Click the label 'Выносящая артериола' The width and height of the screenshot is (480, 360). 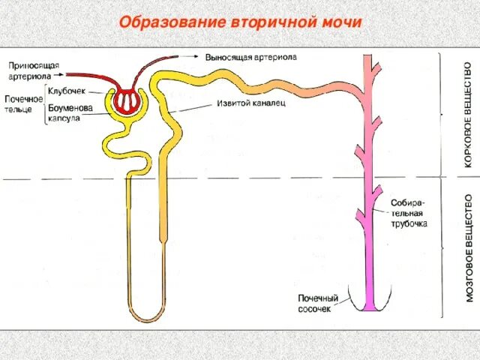[x=251, y=56]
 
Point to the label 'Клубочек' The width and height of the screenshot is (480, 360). [x=67, y=89]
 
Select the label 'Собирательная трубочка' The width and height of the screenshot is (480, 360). [x=409, y=213]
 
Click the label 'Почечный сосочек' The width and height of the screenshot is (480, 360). [x=318, y=303]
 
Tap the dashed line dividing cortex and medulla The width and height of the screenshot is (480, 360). [x=225, y=178]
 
